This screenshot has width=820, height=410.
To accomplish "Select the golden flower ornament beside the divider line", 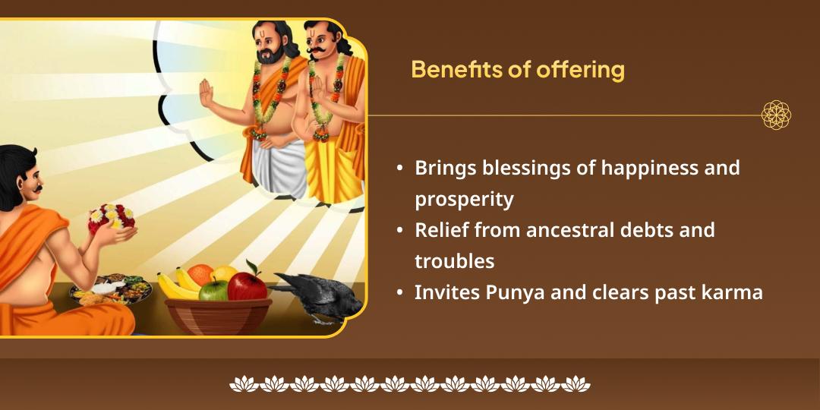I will pos(776,115).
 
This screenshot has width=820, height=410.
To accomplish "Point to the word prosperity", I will pos(464,200).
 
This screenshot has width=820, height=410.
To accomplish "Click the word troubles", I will pos(454,261).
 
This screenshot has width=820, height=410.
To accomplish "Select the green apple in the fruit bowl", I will pos(213,289).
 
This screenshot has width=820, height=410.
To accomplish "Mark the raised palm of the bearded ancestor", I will pos(206,93).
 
